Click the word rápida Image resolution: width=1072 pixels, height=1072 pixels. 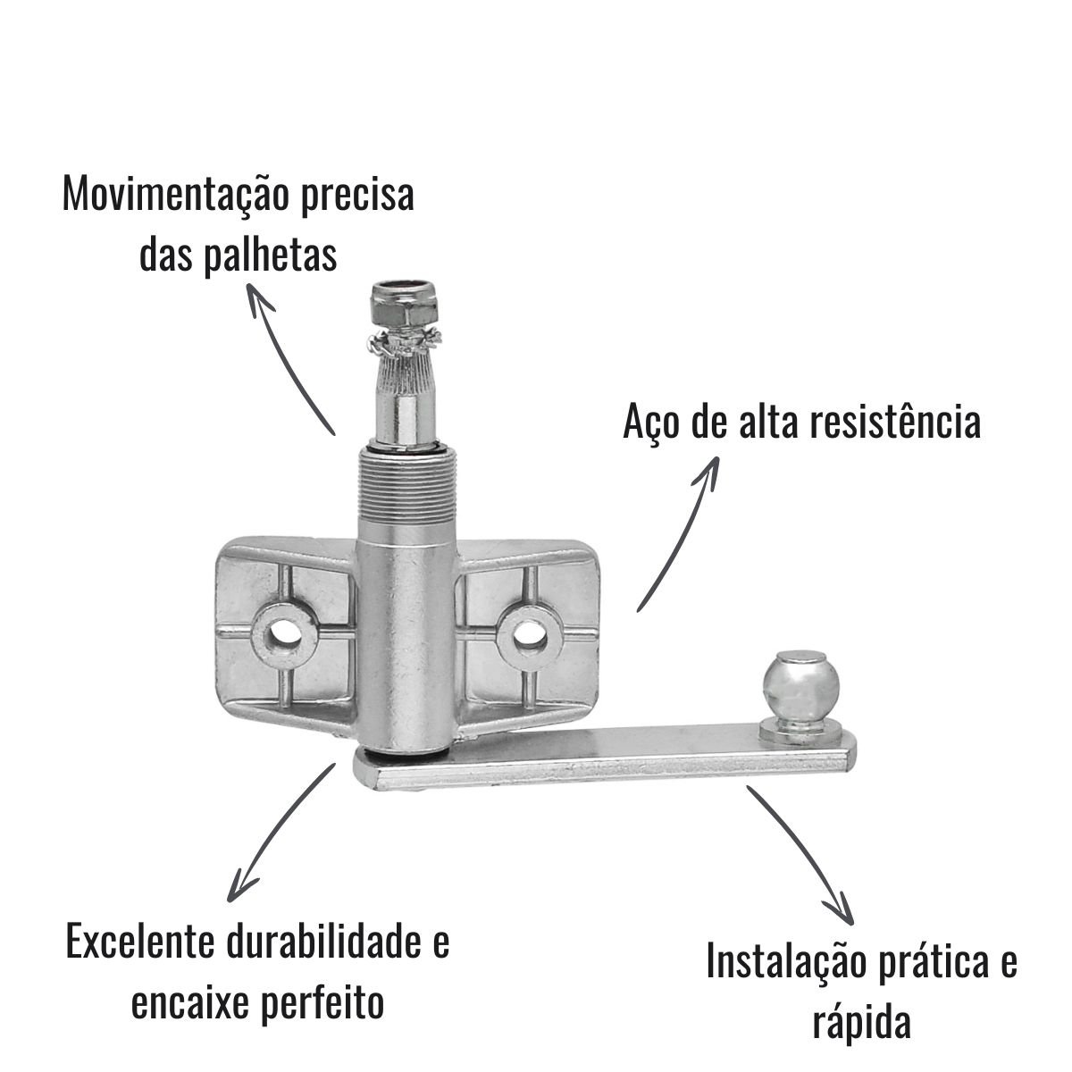click(862, 1025)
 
